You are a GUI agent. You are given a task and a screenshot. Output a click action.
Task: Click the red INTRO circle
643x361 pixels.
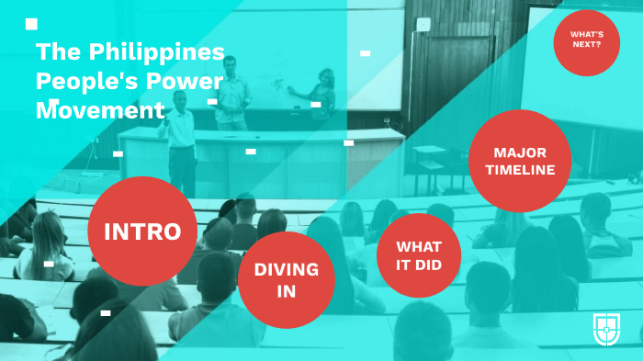[x=142, y=231]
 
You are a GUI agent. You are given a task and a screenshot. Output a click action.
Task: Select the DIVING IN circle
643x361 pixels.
[x=287, y=279]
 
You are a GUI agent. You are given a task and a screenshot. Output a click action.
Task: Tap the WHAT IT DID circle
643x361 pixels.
[x=419, y=255]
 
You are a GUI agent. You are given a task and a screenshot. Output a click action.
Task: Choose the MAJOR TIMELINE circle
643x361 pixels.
[x=520, y=161]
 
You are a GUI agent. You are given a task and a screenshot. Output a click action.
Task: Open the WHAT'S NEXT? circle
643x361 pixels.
[x=586, y=42]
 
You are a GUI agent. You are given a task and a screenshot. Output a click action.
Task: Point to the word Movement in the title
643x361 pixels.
[x=100, y=111]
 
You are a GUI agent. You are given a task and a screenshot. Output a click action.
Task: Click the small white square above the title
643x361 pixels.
[x=32, y=23]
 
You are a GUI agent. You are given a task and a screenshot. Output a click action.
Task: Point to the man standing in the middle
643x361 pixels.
[x=233, y=92]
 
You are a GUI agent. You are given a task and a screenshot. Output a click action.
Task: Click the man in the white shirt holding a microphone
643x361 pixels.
[x=182, y=138]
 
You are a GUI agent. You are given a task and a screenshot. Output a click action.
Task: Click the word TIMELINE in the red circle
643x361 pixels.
[x=521, y=170]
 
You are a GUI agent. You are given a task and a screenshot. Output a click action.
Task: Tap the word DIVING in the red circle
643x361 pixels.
[x=287, y=269]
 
